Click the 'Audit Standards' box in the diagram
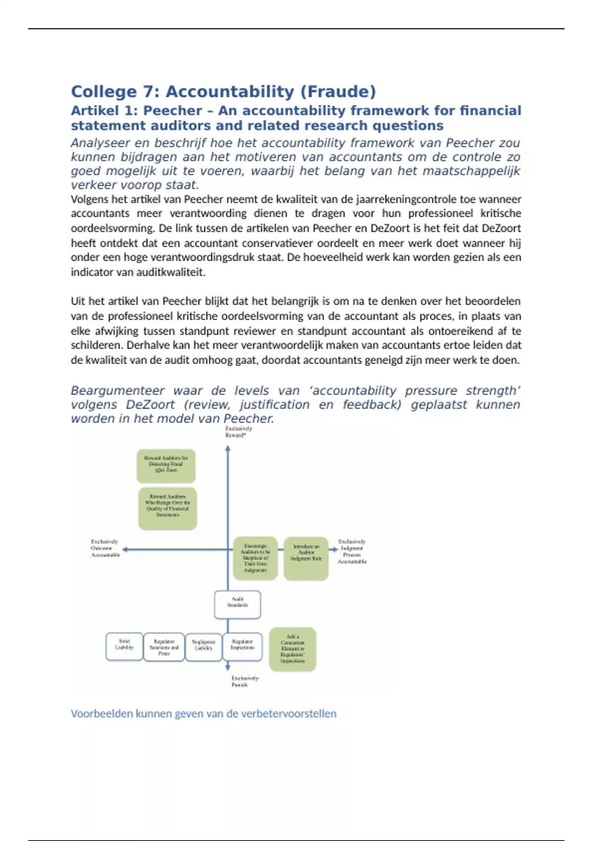coord(237,605)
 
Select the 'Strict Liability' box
coord(125,647)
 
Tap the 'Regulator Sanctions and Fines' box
coord(164,647)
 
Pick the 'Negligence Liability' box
coord(204,647)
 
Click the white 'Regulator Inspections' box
coord(243,647)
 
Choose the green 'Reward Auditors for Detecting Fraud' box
coord(166,466)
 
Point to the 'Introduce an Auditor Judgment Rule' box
coord(306,558)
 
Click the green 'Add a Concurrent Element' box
coord(293,649)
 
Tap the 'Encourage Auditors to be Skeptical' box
coord(255,558)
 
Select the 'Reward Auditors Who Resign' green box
coord(168,508)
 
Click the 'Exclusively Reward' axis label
coord(239,432)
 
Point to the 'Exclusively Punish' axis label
coord(245,681)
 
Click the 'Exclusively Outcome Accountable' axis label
coord(105,548)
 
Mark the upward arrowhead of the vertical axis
coord(228,448)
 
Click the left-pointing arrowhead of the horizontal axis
coord(125,549)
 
